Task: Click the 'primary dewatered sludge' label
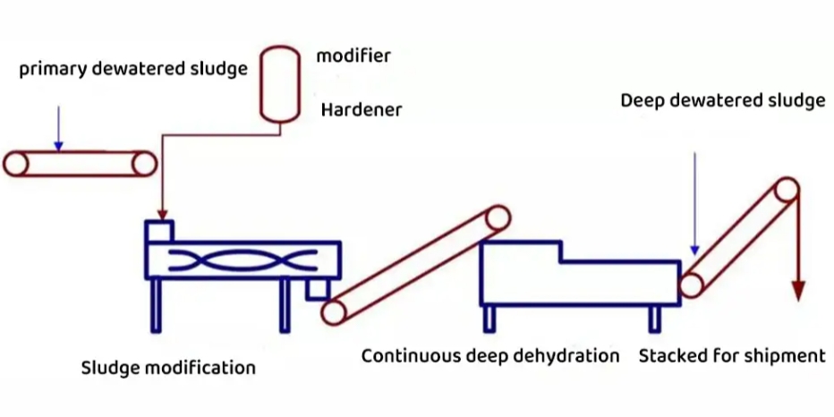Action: point(132,70)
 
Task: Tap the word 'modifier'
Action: point(353,55)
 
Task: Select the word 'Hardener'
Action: point(362,110)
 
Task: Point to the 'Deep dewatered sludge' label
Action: point(722,100)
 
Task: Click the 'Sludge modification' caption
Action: point(168,368)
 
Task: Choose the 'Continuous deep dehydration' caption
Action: point(490,356)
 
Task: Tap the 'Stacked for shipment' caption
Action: point(731,356)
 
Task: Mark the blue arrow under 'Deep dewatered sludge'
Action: point(694,205)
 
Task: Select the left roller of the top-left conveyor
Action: point(17,164)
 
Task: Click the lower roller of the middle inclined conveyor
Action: point(334,311)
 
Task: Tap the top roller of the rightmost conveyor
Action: point(787,191)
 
